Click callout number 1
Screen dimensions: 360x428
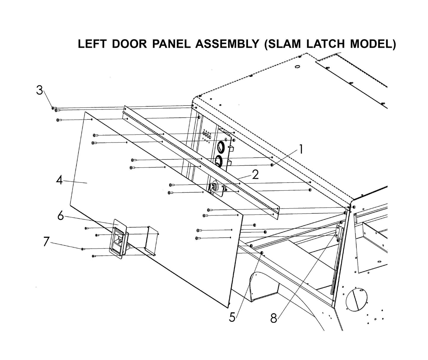[301, 149]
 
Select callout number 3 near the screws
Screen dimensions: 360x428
[40, 90]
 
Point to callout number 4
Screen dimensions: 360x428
[60, 180]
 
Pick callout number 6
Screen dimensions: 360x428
[61, 216]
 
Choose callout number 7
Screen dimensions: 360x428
[46, 241]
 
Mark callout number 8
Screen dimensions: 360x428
[274, 319]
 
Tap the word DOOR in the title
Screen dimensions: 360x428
[130, 44]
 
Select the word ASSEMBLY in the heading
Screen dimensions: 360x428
[227, 44]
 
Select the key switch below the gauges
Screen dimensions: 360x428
[213, 187]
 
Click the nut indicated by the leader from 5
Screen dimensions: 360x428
[262, 252]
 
